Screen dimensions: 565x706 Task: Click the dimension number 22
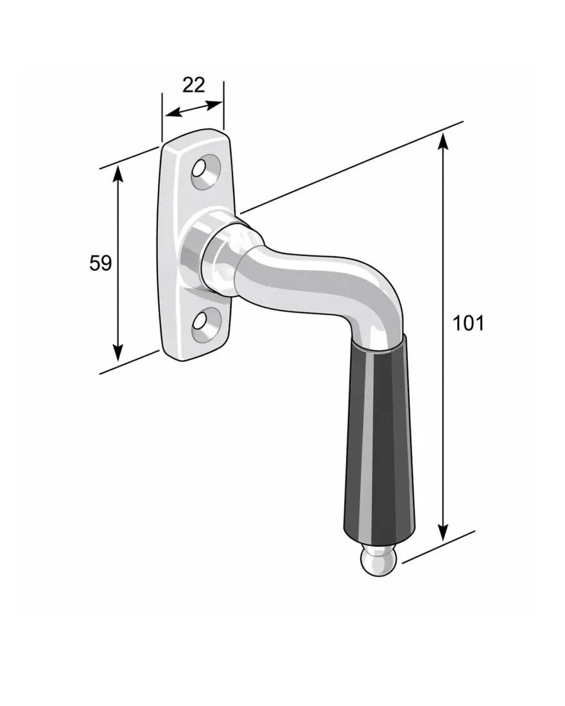pos(193,85)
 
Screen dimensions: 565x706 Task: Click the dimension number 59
pos(100,263)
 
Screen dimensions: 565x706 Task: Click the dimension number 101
pos(468,323)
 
